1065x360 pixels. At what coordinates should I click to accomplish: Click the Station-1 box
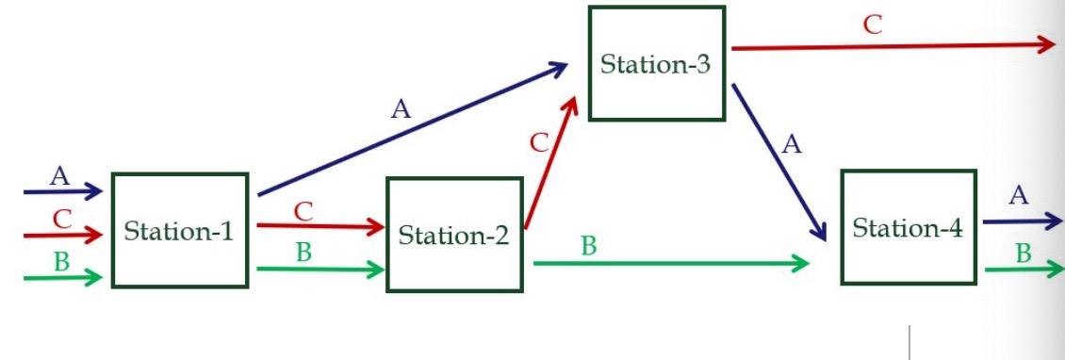coord(180,230)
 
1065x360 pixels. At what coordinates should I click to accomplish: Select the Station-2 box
coord(454,235)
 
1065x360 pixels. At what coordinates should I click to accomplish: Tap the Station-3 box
coord(657,64)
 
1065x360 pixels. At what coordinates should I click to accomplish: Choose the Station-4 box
coord(908,227)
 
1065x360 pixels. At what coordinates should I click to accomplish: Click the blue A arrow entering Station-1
coord(62,192)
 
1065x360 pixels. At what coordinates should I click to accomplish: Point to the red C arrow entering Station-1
coord(62,234)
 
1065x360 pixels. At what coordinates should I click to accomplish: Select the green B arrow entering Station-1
coord(62,277)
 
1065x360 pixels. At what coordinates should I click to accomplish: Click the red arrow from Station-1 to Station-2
coord(320,226)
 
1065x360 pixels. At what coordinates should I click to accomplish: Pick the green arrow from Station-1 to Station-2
coord(320,270)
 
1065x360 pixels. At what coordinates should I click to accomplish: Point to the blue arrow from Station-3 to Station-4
coord(778,161)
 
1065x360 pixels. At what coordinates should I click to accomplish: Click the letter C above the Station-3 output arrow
coord(874,25)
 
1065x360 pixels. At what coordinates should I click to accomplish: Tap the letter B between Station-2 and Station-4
coord(588,247)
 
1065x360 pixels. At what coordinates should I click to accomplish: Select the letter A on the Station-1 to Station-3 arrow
coord(401,109)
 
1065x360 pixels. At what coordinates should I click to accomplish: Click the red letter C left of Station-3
coord(539,143)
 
